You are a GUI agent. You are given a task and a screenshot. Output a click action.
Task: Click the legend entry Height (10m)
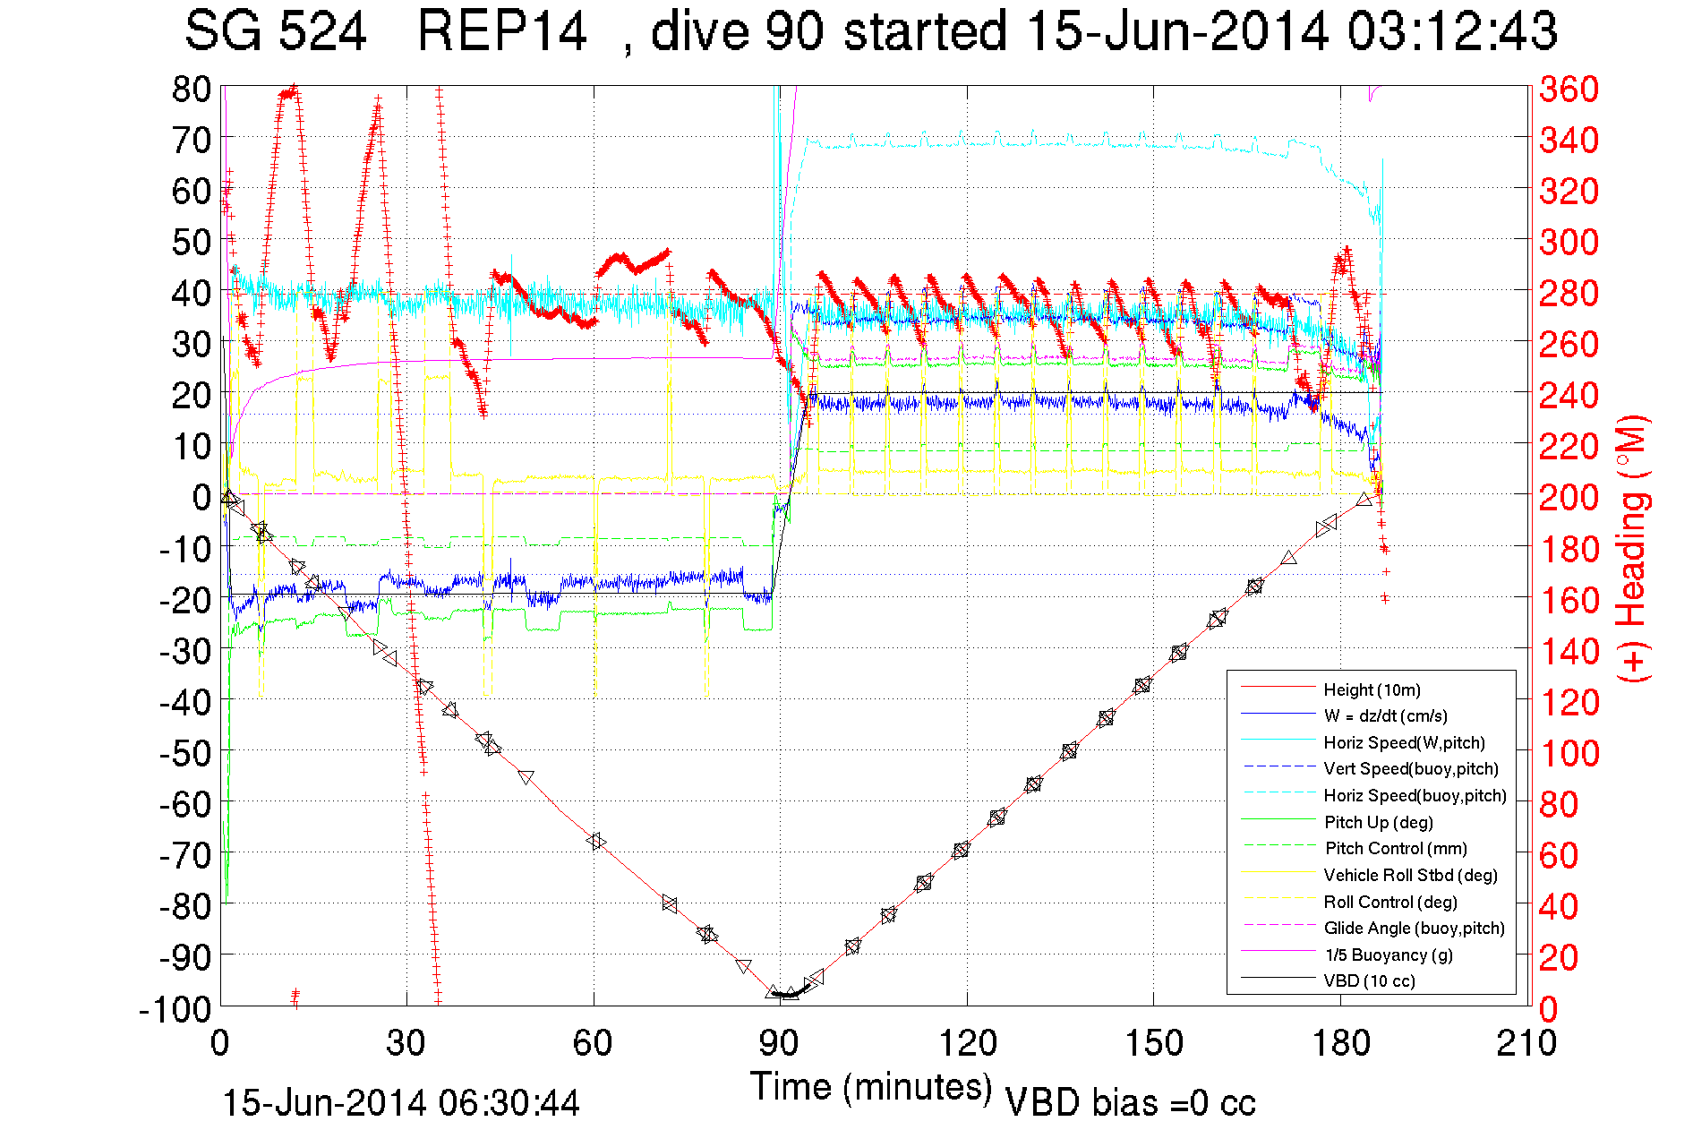pos(1372,689)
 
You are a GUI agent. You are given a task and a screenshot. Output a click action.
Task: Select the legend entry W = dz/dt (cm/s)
pos(1385,715)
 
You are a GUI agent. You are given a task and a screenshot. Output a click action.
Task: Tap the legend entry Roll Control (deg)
pos(1389,902)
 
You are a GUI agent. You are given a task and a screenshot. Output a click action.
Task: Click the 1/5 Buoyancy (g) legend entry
pos(1389,955)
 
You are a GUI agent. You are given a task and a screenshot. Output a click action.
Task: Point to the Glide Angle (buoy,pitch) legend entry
pos(1414,928)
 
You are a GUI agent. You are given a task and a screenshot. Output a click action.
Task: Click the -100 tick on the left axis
pos(175,1009)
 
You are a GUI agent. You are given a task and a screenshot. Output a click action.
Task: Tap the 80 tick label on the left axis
pos(192,89)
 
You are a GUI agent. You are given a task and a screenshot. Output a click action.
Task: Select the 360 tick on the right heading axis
pos(1569,89)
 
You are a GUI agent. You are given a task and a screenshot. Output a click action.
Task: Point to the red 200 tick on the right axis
pos(1569,497)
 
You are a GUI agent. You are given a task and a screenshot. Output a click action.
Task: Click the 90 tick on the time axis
pos(780,1043)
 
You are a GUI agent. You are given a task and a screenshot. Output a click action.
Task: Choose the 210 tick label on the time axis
pos(1526,1043)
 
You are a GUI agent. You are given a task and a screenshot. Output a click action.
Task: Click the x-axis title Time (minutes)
pos(871,1086)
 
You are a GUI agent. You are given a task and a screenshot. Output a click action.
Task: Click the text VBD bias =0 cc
pos(1130,1102)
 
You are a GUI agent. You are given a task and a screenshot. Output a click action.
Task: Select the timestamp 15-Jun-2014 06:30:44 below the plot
pos(401,1102)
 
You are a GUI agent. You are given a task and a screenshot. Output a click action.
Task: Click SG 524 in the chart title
pos(276,31)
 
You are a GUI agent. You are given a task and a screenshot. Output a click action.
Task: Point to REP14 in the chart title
pos(502,31)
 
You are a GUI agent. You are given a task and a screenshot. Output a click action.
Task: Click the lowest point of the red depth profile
pos(785,995)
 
